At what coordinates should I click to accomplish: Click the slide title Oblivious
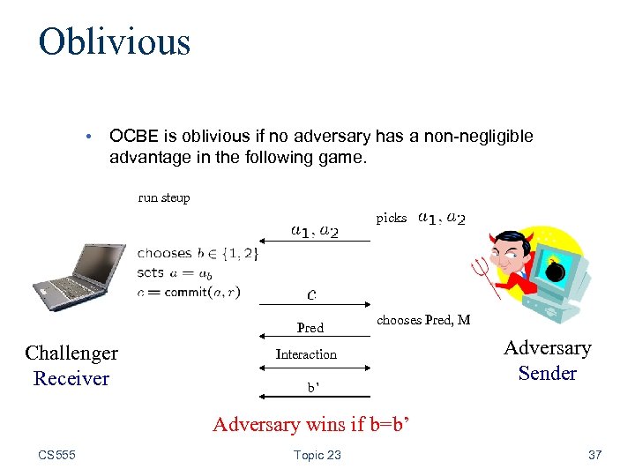click(x=114, y=41)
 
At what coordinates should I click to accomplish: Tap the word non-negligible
click(x=482, y=137)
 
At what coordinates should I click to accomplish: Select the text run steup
click(x=164, y=197)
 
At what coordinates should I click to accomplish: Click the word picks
click(x=392, y=218)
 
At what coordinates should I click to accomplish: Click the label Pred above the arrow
click(x=310, y=328)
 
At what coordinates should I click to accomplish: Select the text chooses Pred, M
click(x=423, y=320)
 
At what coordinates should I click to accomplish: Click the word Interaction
click(x=306, y=354)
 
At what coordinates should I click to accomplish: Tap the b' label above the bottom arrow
click(x=312, y=387)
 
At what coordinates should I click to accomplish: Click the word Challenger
click(x=71, y=353)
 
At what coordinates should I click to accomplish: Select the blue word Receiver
click(x=71, y=378)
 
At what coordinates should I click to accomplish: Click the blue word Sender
click(x=547, y=373)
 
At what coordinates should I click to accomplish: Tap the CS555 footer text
click(x=57, y=455)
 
